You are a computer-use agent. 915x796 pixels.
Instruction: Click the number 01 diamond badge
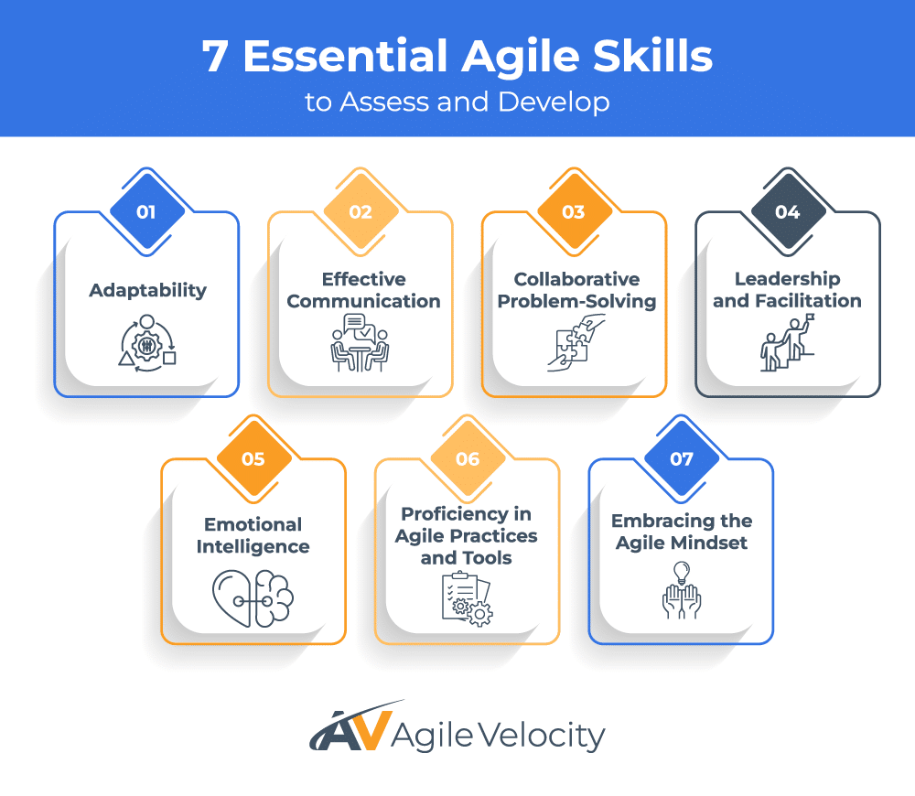[x=146, y=212]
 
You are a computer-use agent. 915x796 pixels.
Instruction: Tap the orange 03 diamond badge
[x=575, y=212]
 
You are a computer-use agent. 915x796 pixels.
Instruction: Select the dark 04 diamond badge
[x=788, y=212]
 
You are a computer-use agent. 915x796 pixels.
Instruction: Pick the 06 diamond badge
[x=468, y=459]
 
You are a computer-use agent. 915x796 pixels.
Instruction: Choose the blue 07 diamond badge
[x=681, y=459]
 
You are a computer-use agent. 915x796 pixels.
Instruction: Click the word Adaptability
[x=147, y=290]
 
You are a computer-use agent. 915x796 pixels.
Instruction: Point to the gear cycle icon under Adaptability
[x=147, y=343]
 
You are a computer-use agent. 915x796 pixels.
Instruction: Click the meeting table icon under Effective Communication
[x=360, y=342]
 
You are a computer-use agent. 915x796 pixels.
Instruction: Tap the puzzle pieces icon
[x=576, y=342]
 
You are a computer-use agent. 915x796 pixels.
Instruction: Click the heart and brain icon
[x=253, y=598]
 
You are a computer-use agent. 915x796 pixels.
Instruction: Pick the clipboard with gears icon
[x=467, y=598]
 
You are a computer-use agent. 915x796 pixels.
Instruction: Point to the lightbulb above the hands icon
[x=682, y=573]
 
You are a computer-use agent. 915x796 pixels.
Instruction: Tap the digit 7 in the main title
[x=215, y=57]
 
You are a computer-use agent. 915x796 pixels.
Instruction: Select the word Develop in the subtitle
[x=554, y=102]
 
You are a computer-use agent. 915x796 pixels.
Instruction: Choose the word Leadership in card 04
[x=787, y=279]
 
